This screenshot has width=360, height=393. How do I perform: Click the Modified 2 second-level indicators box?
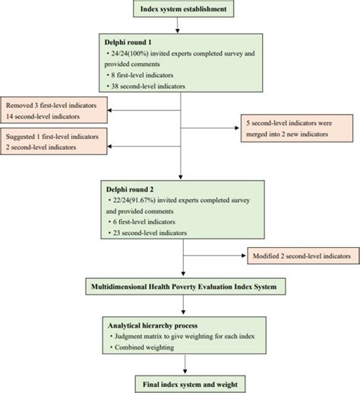point(303,257)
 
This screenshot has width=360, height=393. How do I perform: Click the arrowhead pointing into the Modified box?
point(245,257)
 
